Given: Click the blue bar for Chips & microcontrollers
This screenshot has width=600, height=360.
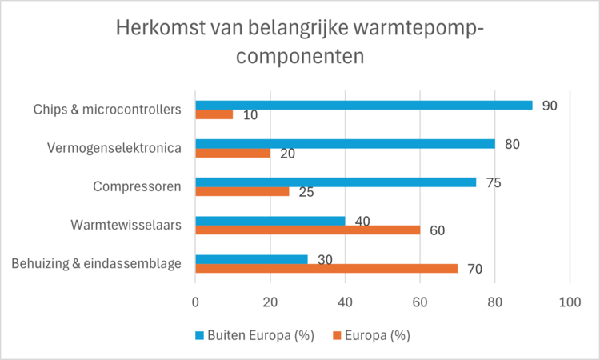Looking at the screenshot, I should coord(364,105).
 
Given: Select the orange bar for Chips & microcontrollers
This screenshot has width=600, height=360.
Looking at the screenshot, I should coord(214,114).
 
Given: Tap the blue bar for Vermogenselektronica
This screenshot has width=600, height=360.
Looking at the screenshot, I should coord(345,143).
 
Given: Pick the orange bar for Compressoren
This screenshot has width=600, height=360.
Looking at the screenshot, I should coord(242,191).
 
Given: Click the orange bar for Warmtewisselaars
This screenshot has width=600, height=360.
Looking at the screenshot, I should coord(308,230).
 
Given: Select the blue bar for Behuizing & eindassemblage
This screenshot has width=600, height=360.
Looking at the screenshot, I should coord(252,259).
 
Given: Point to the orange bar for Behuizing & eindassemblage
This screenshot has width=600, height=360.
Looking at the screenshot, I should coord(326,269).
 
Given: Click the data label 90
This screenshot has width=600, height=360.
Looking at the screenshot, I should coord(549,105).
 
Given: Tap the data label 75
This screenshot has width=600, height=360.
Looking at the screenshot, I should coord(493,182).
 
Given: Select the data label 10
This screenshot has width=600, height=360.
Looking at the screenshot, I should coord(249,116).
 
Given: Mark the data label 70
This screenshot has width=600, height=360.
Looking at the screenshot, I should coord(474,270).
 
